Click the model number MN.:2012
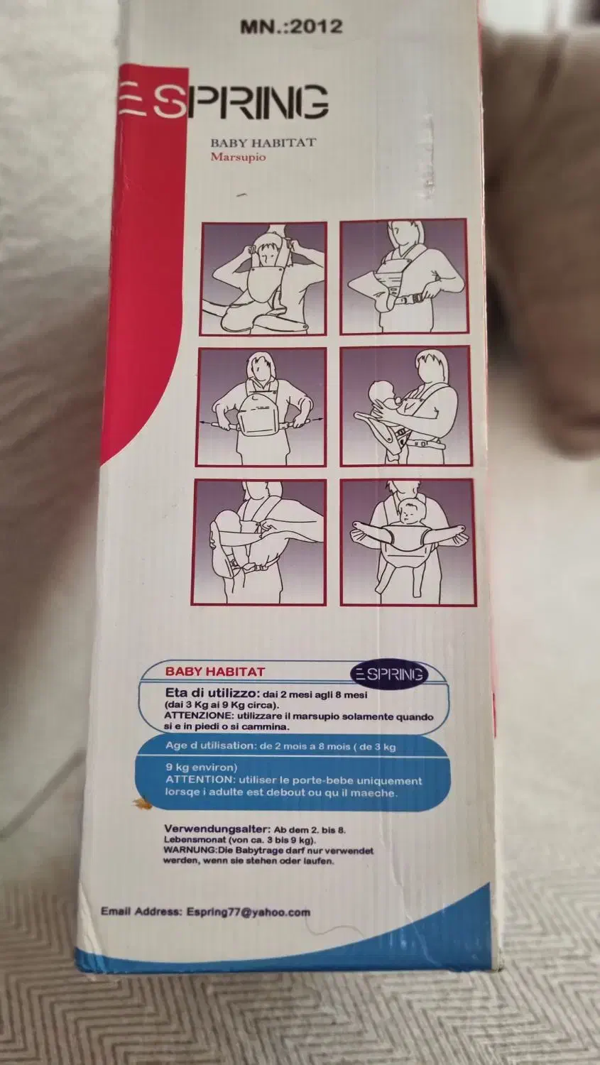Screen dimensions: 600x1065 291,26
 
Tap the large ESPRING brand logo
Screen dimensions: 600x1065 224,102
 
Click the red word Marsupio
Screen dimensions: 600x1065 238,157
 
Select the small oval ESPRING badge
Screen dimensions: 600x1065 389,674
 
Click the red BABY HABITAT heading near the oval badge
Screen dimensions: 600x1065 214,672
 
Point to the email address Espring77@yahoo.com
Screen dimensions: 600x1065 249,912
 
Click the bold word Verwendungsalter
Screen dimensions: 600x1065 217,829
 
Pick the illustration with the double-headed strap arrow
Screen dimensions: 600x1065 262,407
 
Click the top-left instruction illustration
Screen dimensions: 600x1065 264,278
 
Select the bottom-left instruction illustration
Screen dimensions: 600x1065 259,542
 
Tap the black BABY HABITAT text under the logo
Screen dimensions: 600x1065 263,143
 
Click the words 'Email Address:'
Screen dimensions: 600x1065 141,911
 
